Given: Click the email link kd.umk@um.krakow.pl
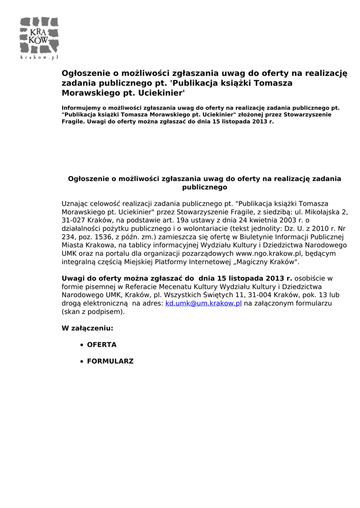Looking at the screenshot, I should tap(204, 303).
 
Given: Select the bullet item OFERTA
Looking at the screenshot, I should tap(102, 344).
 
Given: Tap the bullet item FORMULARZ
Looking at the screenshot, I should tap(110, 361).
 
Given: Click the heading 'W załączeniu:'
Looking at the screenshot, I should tap(87, 328).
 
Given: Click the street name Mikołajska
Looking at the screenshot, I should tap(318, 211).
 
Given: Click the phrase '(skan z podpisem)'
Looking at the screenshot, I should tap(93, 312).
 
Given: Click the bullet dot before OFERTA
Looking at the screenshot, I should tap(81, 345).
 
